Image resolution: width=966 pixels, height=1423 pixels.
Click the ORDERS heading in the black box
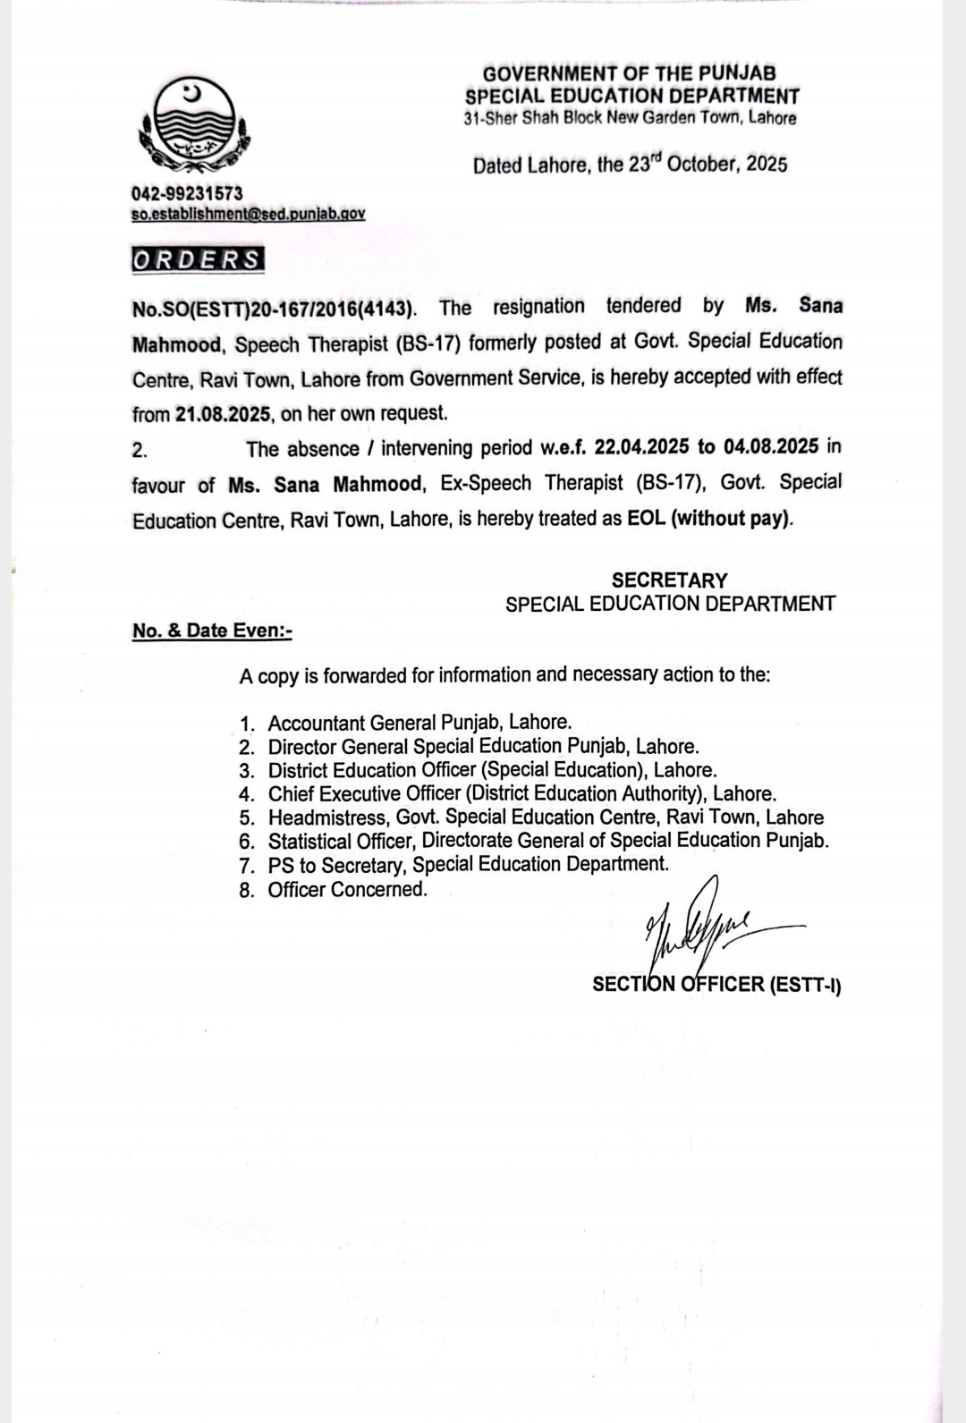[198, 259]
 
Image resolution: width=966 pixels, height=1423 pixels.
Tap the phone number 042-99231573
[187, 193]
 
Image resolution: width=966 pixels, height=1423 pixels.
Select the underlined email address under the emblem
[248, 214]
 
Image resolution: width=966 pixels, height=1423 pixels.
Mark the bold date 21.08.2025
[224, 413]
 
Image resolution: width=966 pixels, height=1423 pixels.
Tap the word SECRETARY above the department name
[669, 580]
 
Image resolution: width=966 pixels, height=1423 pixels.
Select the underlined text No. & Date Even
[212, 631]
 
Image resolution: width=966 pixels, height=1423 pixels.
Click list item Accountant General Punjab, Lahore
[419, 723]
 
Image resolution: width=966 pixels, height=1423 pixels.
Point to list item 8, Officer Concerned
[347, 889]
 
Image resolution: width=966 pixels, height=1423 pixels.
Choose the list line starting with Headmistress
[546, 817]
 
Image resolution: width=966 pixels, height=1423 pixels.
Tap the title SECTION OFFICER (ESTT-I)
[716, 985]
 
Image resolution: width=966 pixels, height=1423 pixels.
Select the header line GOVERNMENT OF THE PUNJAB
[630, 73]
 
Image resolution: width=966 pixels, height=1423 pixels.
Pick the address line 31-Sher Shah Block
[630, 118]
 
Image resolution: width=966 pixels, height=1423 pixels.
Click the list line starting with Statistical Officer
[547, 841]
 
